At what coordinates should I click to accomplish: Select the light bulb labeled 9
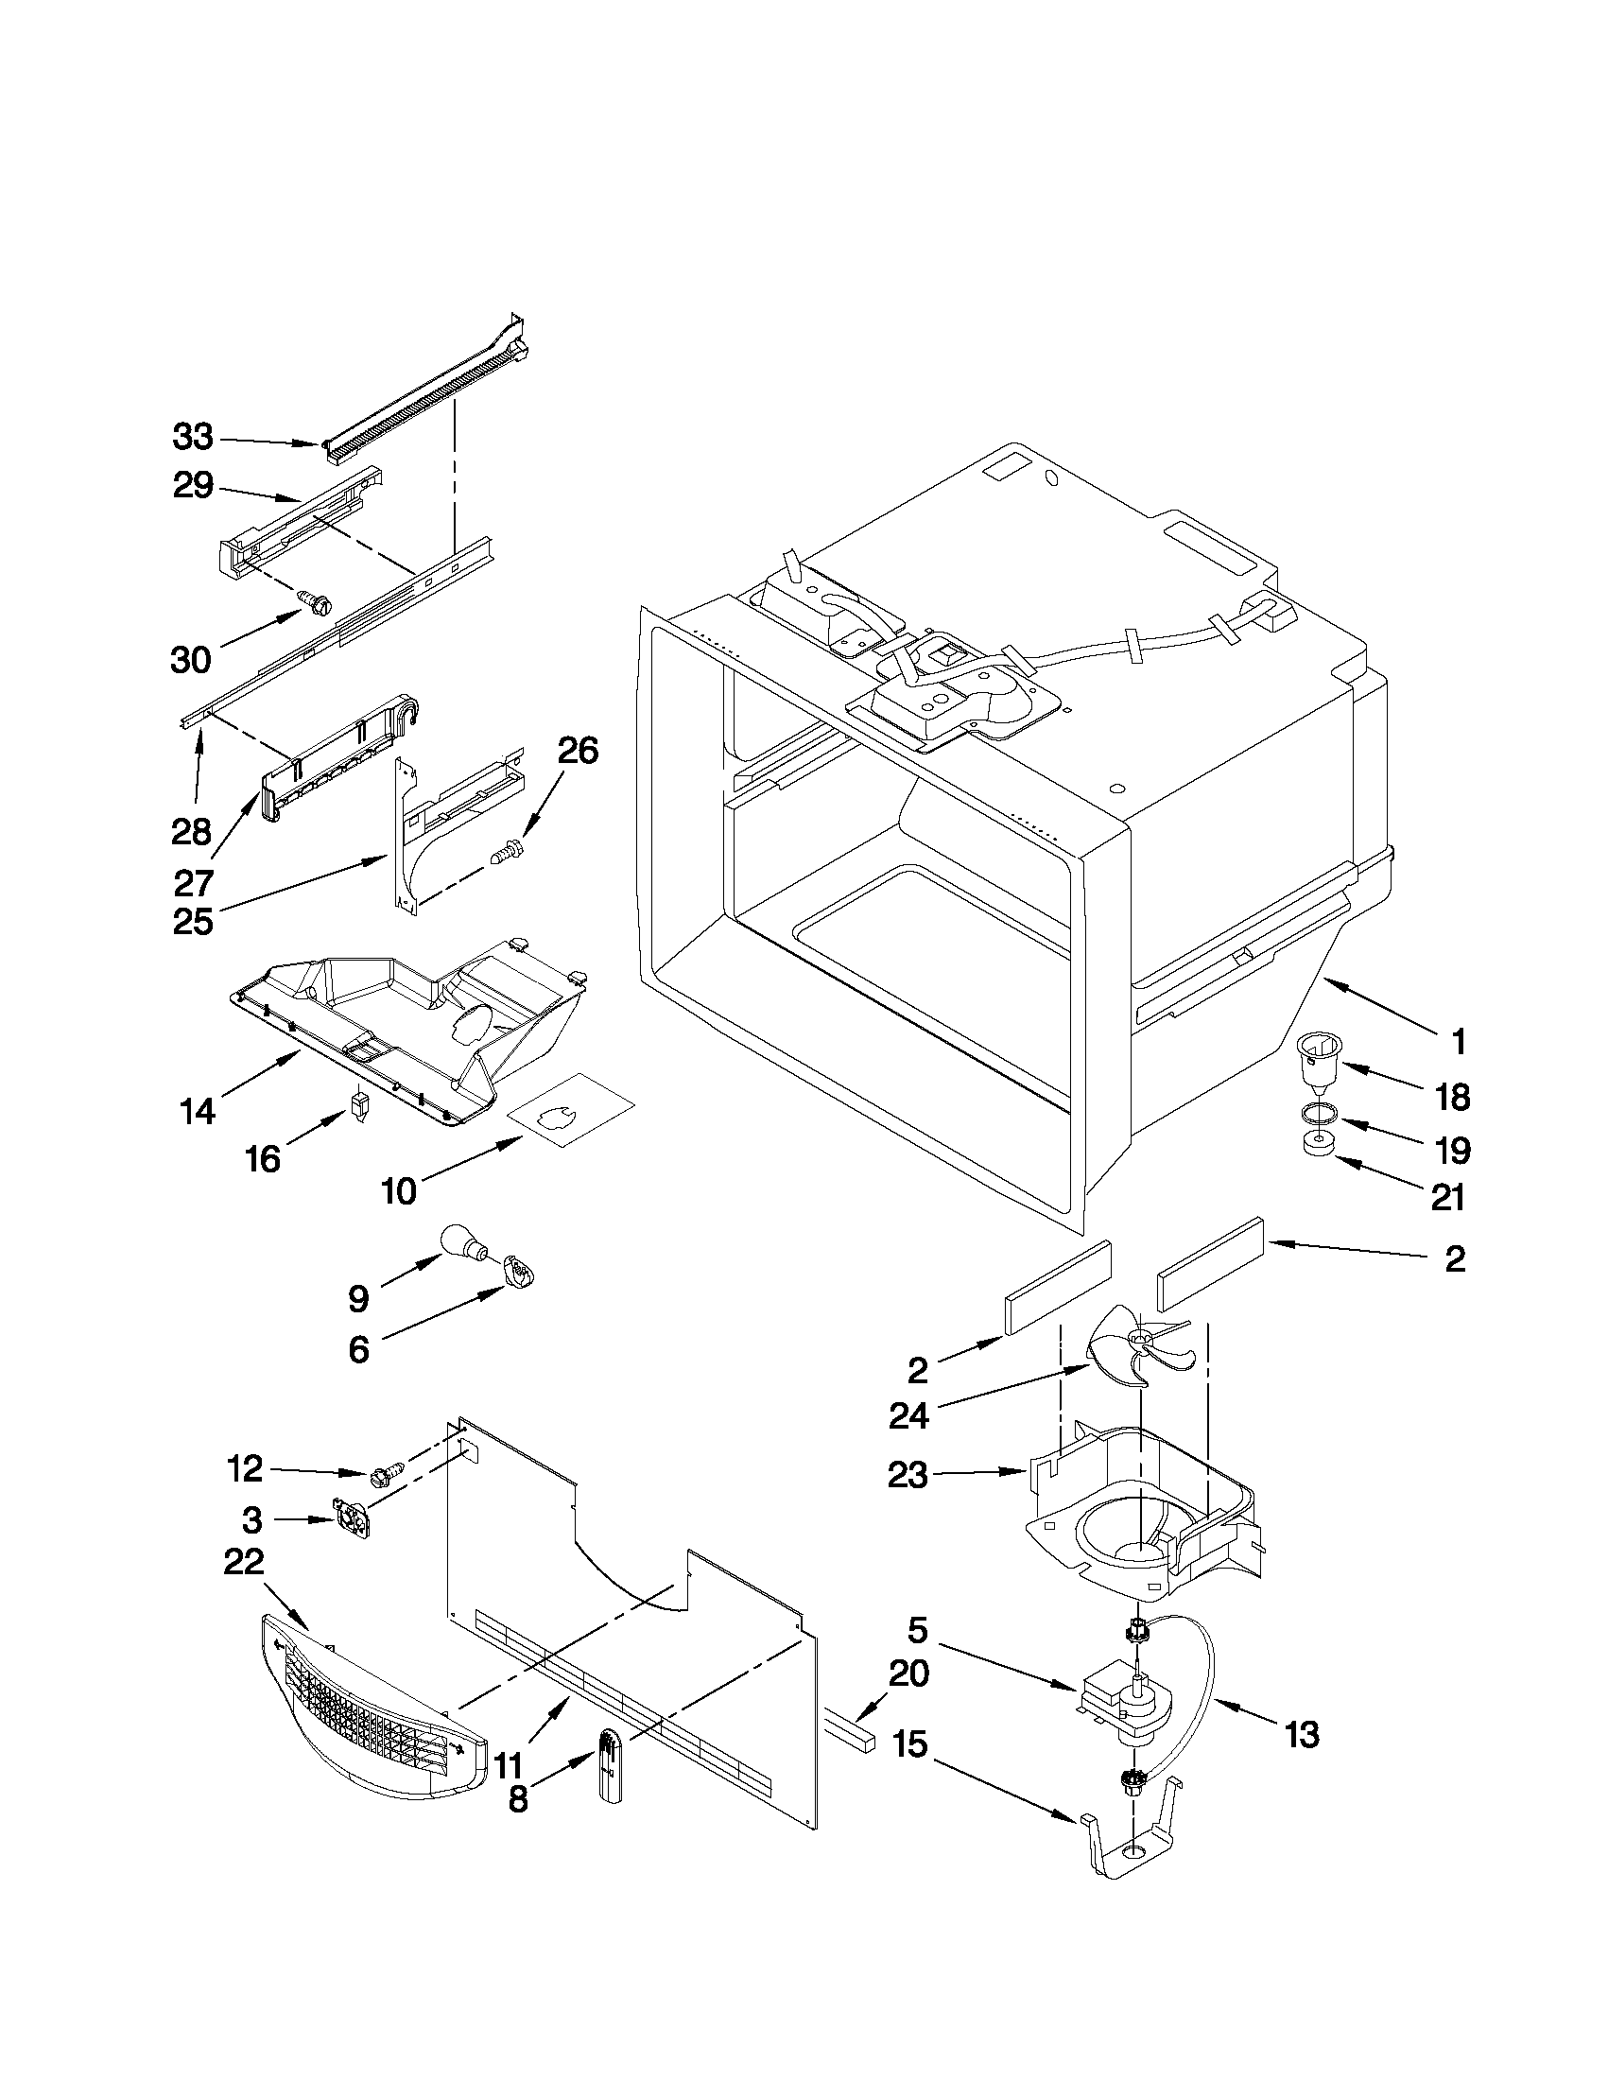[x=464, y=1242]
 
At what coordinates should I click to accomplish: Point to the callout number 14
[x=198, y=1111]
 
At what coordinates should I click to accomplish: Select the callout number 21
[x=1448, y=1197]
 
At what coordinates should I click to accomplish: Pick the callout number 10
[x=399, y=1191]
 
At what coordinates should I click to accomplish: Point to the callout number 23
[x=907, y=1476]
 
